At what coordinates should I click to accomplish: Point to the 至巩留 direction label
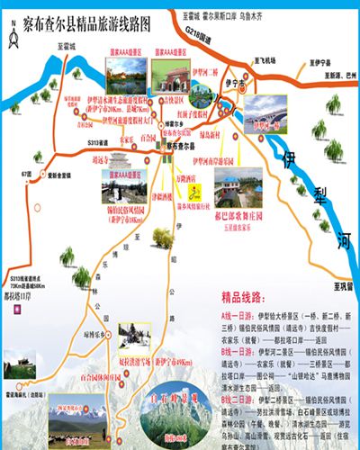click(340, 285)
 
